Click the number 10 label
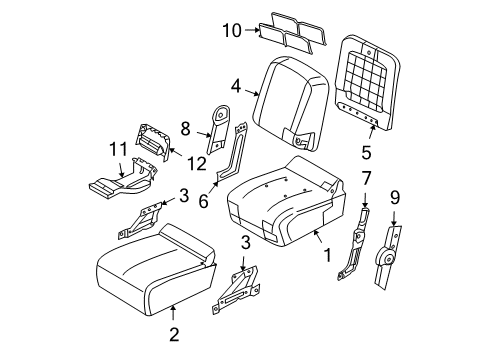pyautogui.click(x=231, y=31)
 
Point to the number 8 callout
pyautogui.click(x=185, y=127)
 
